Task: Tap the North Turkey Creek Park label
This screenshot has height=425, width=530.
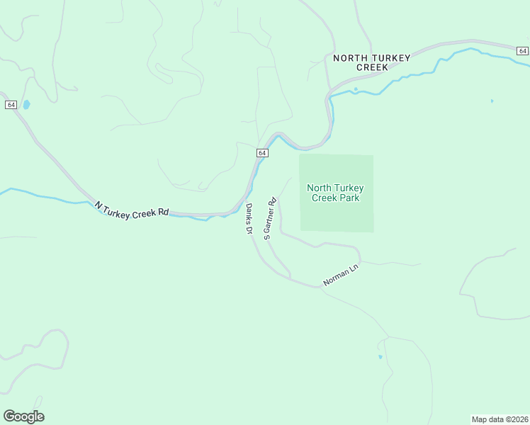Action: (x=336, y=193)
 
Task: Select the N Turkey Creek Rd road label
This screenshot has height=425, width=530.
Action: (x=132, y=210)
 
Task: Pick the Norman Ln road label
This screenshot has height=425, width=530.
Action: (x=342, y=274)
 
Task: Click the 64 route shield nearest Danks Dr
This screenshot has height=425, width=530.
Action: (x=262, y=153)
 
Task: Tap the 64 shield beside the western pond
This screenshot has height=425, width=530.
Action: (x=11, y=105)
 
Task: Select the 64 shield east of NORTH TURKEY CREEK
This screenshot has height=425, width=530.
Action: (x=522, y=50)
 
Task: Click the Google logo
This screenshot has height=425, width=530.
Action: (x=23, y=416)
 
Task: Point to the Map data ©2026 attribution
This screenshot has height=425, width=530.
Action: (x=499, y=419)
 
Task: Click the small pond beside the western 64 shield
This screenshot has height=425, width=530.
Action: (x=27, y=105)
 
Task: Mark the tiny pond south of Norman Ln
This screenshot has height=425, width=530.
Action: (x=380, y=356)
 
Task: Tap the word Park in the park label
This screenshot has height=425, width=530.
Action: (x=349, y=198)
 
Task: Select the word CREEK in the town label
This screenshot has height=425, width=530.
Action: (x=372, y=67)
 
